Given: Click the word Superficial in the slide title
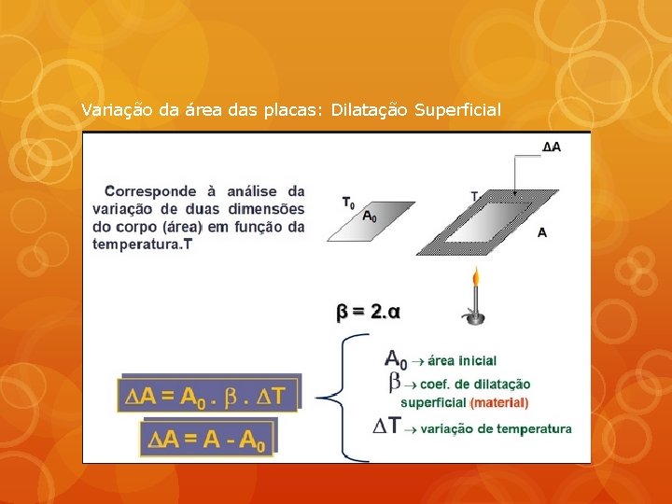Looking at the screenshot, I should (457, 110).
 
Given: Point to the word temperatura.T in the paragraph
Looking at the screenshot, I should (144, 245).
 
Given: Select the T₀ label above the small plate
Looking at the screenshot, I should (347, 202).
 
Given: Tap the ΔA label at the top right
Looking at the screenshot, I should (552, 147).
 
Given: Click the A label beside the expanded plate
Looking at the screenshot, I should (542, 233).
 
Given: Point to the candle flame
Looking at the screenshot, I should (476, 277).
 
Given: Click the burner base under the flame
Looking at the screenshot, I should (476, 319).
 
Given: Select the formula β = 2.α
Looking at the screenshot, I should (368, 311).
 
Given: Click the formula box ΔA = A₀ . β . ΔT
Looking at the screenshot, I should (209, 395).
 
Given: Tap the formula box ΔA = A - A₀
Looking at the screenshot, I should (209, 438).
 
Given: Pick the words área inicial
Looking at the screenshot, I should (463, 360).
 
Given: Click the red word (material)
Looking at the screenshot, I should (499, 403).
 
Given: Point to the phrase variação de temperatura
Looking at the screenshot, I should (497, 429).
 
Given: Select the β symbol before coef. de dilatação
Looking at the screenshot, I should (394, 382).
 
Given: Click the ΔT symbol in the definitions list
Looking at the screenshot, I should (386, 427).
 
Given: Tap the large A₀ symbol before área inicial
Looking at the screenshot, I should (396, 358).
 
